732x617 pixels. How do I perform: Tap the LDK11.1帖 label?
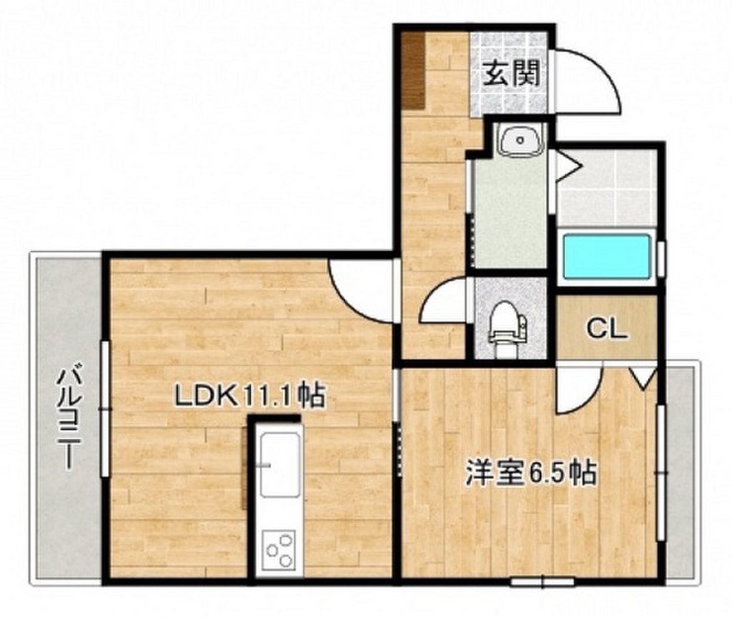point(249,396)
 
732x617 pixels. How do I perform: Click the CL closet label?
point(606,328)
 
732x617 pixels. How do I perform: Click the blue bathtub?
point(607,257)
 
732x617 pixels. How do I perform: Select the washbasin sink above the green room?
point(520,139)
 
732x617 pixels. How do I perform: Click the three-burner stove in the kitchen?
point(278,550)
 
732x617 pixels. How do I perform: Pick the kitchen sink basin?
point(280,464)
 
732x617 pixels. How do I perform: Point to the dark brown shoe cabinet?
point(413,71)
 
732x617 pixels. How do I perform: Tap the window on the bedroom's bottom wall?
point(543,582)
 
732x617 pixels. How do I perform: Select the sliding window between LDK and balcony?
point(106,409)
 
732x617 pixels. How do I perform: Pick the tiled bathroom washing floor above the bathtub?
point(608,188)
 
